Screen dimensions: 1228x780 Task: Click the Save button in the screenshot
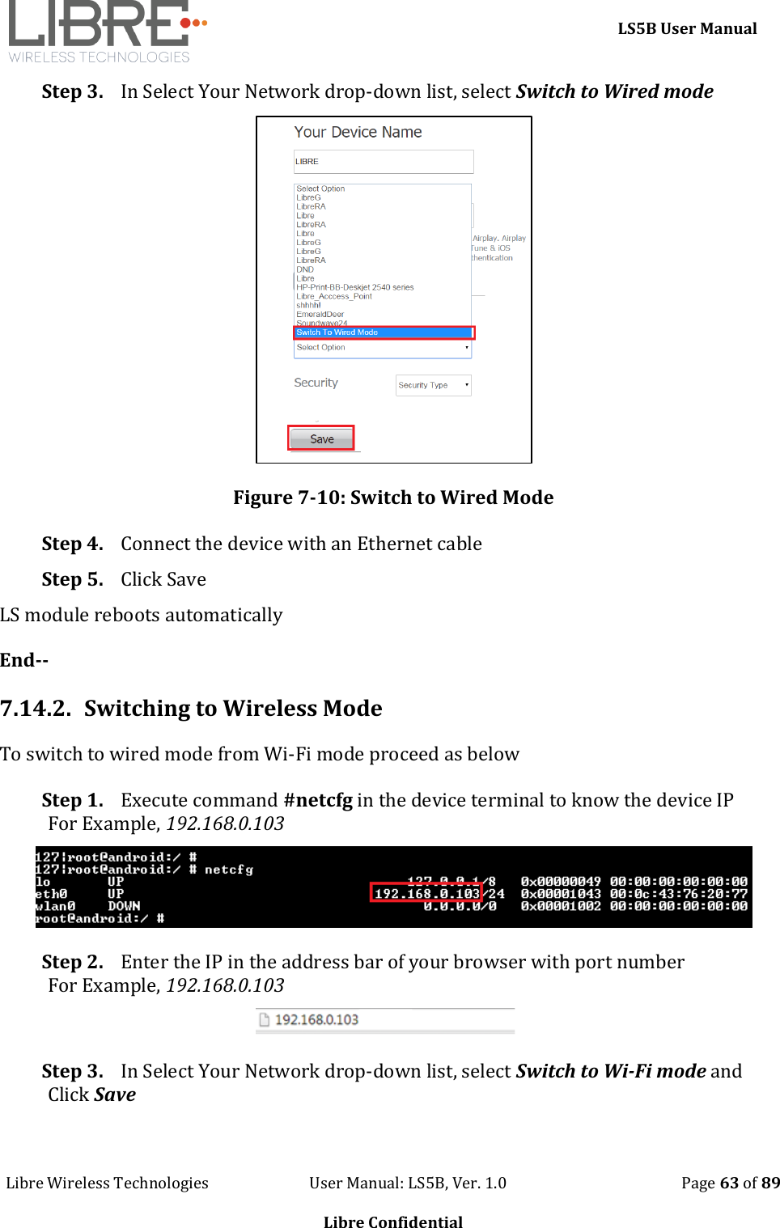321,438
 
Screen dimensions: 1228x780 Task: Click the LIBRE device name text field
383,162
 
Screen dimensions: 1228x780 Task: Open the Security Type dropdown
433,385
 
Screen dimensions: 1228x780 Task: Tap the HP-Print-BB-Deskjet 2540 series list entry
354,287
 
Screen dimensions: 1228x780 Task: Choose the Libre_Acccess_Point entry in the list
333,296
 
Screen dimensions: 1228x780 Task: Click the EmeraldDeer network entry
320,314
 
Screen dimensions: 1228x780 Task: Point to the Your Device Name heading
358,132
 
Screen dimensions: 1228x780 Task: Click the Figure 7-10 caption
393,498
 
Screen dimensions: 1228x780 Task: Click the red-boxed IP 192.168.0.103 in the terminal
426,893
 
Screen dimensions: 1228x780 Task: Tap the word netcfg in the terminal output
228,870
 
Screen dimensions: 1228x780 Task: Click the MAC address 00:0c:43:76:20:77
678,894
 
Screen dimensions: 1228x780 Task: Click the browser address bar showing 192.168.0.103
385,1019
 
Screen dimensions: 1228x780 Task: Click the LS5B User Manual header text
687,28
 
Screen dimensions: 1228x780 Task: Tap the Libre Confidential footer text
393,1222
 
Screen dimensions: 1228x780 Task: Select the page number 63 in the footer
729,1183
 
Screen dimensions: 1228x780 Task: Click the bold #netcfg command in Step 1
318,800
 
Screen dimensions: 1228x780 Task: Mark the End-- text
24,660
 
